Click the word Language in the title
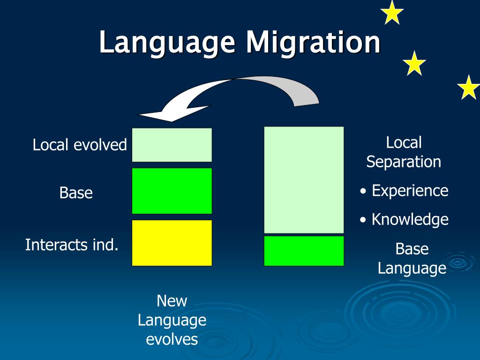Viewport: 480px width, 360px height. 167,43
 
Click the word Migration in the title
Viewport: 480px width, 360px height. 313,43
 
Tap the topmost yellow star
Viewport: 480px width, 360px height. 392,13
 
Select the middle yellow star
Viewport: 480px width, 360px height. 414,64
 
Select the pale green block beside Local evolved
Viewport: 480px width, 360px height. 172,145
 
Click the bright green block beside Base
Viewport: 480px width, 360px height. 172,191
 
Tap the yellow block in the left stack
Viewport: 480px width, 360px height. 172,243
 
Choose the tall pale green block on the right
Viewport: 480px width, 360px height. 304,180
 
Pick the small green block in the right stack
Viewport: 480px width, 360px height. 304,251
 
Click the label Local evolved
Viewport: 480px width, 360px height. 80,145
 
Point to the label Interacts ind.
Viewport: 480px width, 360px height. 72,245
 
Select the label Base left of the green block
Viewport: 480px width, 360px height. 76,193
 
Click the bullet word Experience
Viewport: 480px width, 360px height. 410,191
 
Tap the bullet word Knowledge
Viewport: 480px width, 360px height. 410,219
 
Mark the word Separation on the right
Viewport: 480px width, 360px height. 404,162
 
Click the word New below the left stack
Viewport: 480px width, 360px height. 172,300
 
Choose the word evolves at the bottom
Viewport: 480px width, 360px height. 172,339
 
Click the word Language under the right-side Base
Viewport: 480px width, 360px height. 412,269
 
